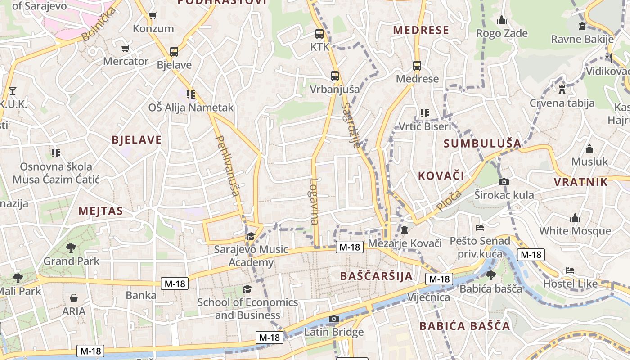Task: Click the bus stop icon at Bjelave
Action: [174, 52]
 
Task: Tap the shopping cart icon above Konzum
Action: [153, 16]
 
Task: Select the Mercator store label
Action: [126, 61]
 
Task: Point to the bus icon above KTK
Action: [319, 34]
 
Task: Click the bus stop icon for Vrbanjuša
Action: [334, 76]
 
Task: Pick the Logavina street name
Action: [314, 201]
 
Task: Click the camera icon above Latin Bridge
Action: [333, 319]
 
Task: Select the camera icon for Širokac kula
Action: [504, 182]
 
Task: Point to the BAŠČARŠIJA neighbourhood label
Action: [376, 276]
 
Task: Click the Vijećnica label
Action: [428, 297]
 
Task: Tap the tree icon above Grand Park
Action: [71, 247]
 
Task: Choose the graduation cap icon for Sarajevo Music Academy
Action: [251, 236]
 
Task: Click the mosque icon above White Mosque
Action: [575, 218]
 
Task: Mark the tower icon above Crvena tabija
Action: [562, 90]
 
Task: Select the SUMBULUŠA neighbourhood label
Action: [482, 144]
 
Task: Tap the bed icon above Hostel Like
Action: [570, 270]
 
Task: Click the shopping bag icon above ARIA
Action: [74, 298]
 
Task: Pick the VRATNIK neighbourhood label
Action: [580, 182]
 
